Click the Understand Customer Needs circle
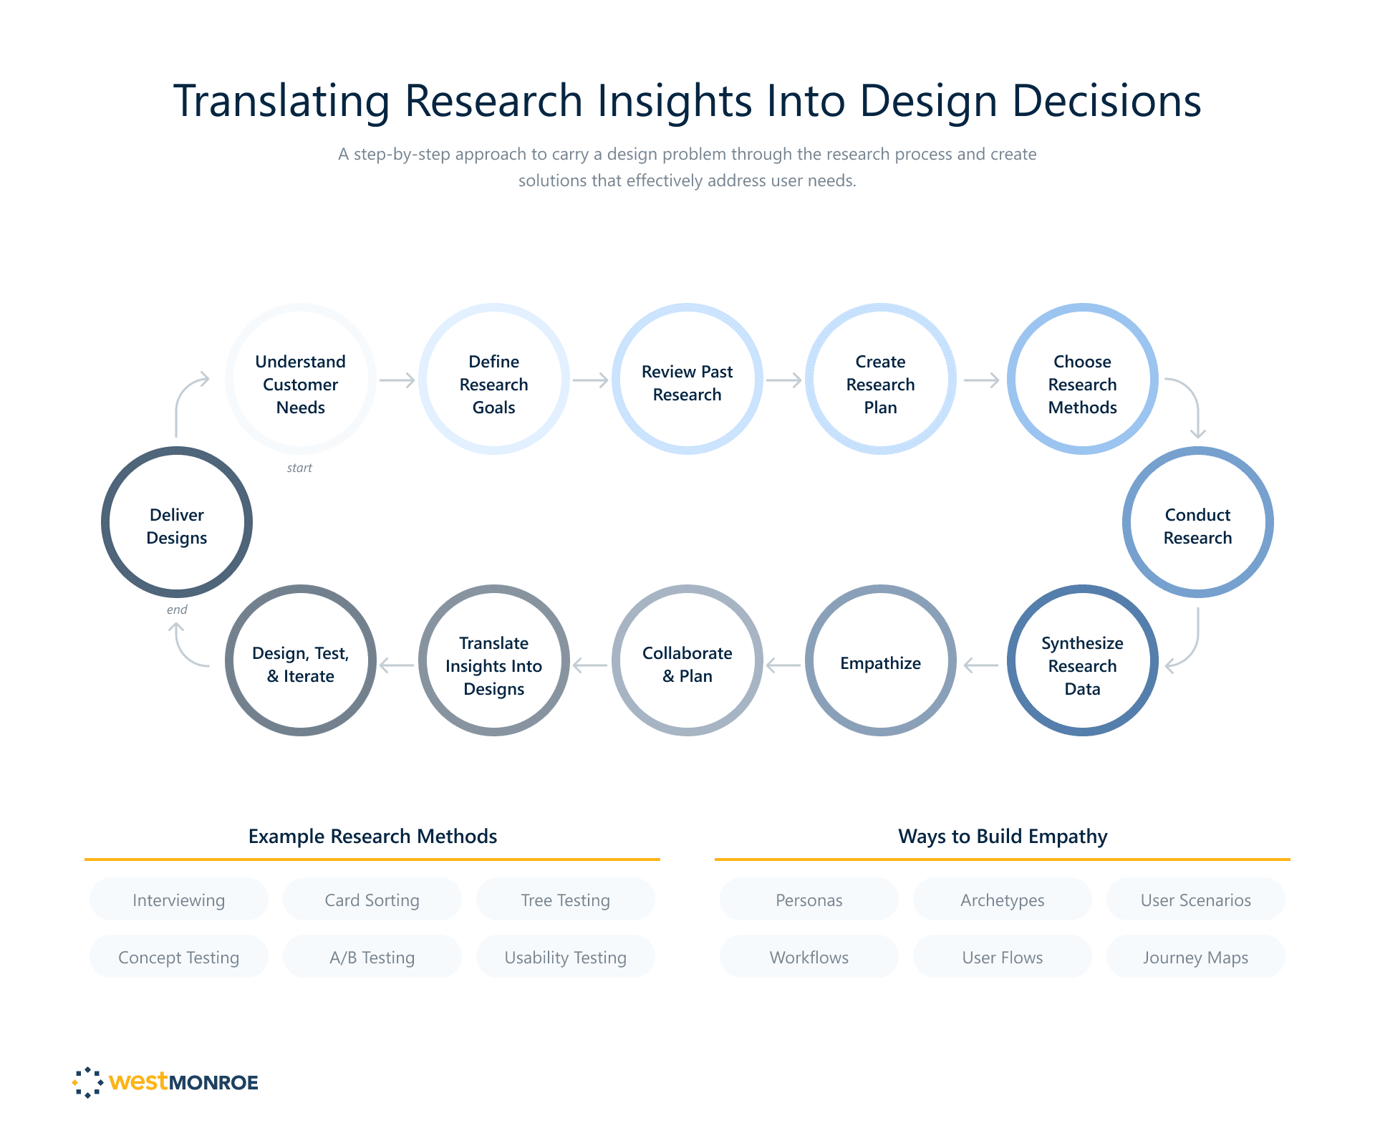point(301,379)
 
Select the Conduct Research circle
point(1197,522)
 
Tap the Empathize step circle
point(880,660)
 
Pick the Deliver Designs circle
point(177,522)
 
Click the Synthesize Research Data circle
point(1082,660)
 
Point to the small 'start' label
point(299,468)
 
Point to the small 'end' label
point(177,610)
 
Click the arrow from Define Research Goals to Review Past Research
point(591,380)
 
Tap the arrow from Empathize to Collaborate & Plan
point(783,665)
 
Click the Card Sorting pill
point(372,900)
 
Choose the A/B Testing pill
point(372,957)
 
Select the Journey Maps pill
point(1195,957)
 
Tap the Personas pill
point(809,900)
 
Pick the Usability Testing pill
point(565,957)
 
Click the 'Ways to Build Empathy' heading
point(1003,836)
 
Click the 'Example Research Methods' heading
point(372,836)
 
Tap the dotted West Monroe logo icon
point(88,1082)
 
